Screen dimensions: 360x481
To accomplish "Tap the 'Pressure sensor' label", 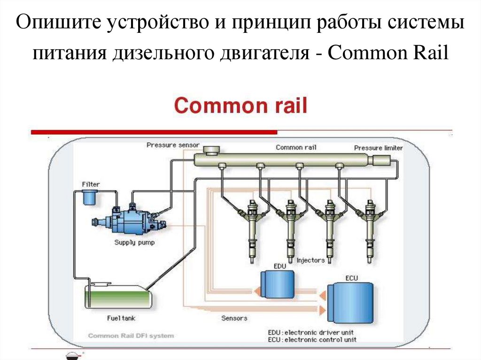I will [173, 145].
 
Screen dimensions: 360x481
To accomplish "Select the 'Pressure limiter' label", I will [378, 148].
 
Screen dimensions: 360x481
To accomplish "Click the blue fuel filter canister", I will [88, 198].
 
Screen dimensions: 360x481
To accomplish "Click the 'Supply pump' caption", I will [134, 243].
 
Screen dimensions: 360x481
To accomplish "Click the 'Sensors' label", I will [234, 318].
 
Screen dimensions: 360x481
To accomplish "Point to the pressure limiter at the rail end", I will [379, 160].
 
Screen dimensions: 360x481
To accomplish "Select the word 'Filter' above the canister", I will [91, 184].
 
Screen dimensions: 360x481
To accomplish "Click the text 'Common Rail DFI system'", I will [131, 336].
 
